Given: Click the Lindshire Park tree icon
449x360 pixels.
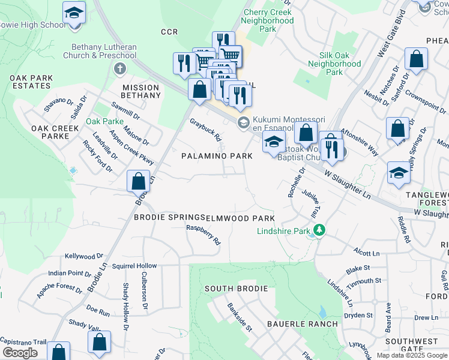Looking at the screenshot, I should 320,230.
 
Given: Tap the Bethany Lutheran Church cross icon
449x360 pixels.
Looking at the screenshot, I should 119,68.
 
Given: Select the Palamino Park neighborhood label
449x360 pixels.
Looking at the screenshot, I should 217,156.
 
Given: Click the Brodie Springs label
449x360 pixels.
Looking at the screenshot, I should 169,217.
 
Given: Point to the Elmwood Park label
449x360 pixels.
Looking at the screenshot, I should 240,218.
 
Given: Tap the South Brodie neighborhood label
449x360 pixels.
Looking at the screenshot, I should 236,289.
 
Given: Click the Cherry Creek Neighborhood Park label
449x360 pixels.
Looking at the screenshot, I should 269,20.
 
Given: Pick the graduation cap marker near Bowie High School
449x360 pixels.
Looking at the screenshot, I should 74,13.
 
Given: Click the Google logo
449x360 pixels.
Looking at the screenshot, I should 19,353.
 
